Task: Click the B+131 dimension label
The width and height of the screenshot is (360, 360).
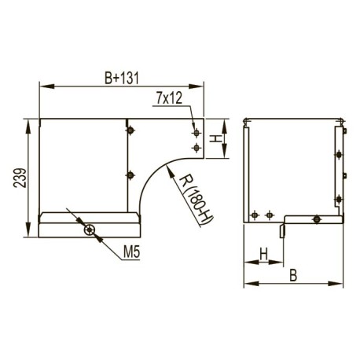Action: coord(121,78)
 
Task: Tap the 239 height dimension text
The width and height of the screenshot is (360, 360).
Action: coord(20,178)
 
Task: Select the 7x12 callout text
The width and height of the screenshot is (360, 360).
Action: coord(169,98)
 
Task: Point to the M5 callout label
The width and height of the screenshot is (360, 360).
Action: coord(132,252)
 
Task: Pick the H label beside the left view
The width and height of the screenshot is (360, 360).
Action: coord(215,138)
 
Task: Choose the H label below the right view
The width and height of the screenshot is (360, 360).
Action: coord(263,254)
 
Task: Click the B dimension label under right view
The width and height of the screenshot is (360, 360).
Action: coord(293,275)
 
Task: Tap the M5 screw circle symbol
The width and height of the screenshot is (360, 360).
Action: coord(90,230)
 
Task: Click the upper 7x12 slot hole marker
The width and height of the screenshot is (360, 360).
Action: coord(197,133)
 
